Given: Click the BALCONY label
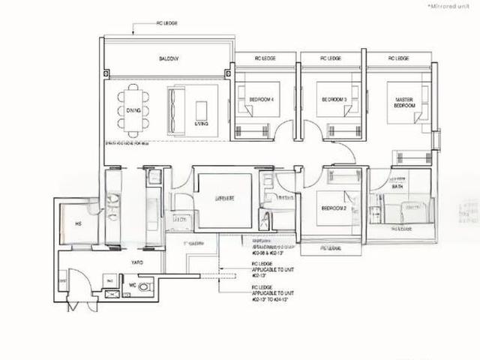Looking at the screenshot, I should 166,58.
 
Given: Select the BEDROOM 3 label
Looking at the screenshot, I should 332,99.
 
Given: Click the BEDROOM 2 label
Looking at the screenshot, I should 333,208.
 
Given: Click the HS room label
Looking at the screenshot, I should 77,223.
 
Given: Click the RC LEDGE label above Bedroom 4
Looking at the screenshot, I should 265,58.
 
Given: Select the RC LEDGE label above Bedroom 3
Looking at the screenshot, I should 330,58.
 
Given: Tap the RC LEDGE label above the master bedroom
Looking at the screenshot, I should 398,58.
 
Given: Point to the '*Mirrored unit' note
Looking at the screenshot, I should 448,5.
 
